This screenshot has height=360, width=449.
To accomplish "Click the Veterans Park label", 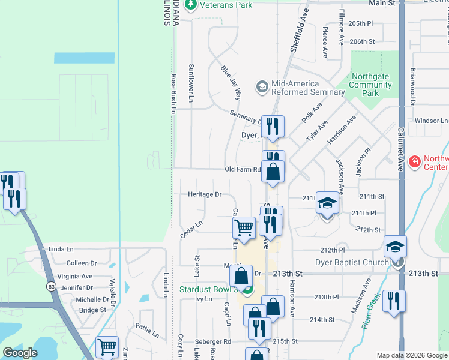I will click(x=226, y=5).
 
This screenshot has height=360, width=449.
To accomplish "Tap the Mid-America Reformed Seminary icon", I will click(x=261, y=87).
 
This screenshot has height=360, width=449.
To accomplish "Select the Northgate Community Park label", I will click(x=372, y=85).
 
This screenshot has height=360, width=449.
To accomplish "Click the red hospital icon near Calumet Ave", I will click(x=414, y=161).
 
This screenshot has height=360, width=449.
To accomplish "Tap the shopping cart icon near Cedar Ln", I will click(x=244, y=227).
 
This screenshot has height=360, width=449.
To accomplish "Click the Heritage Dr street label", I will click(x=205, y=194).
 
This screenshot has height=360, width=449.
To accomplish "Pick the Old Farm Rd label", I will click(x=243, y=170).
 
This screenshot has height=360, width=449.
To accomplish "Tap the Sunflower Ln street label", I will click(x=191, y=82).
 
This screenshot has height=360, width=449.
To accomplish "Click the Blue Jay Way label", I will click(x=231, y=83).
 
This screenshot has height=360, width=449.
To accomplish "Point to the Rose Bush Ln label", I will click(x=172, y=94).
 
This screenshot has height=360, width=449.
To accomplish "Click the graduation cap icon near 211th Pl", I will click(x=327, y=203).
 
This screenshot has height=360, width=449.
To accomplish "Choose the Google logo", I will click(x=20, y=353).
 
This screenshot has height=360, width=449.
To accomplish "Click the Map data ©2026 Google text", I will click(x=412, y=355).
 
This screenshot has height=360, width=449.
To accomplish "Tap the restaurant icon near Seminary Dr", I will click(x=273, y=127).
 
